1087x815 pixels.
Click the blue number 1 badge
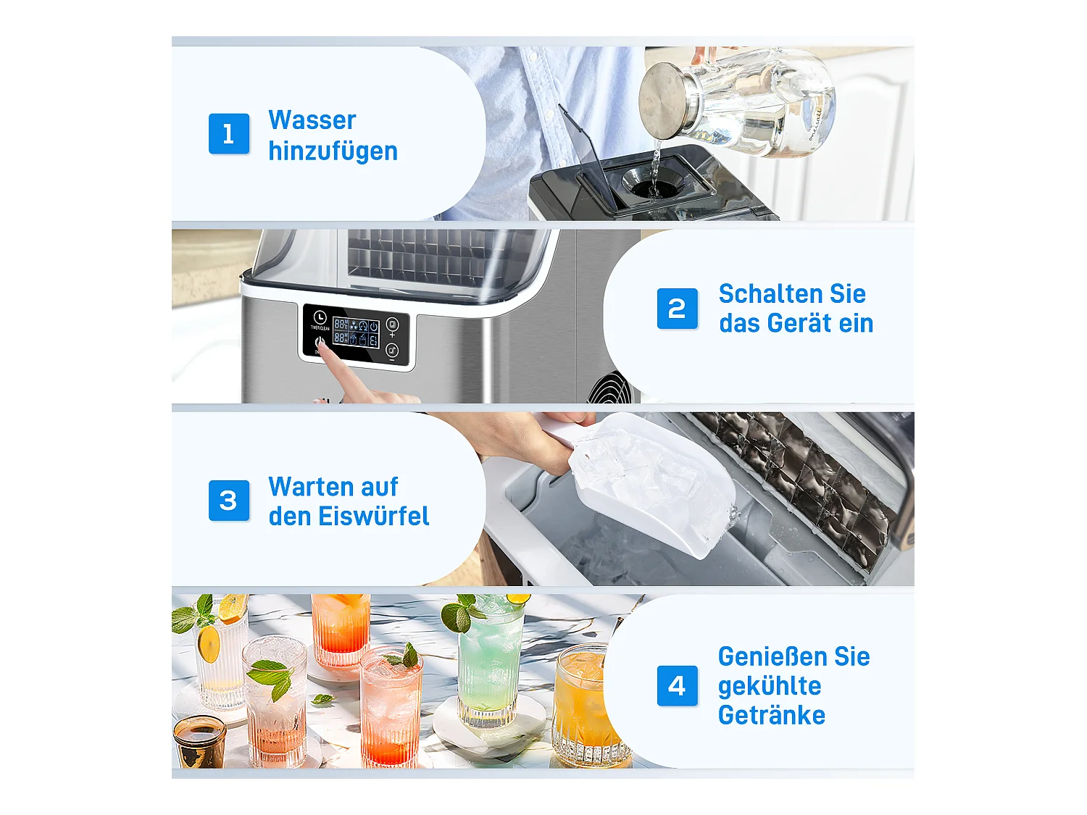tap(229, 134)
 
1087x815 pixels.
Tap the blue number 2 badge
tap(677, 309)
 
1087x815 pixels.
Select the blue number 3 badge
tap(229, 501)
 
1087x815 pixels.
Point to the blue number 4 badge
tap(677, 686)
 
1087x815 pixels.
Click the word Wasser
tap(312, 120)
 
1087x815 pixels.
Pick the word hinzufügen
tap(333, 151)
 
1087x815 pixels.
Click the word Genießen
tap(772, 657)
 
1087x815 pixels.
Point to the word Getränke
tap(772, 716)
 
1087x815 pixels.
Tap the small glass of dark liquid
tap(199, 743)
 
